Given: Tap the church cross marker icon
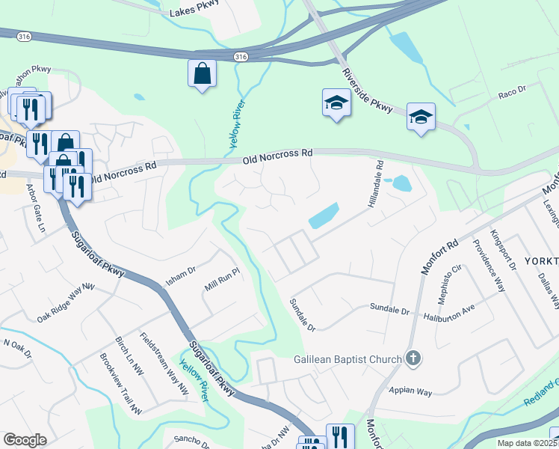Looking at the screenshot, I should click(x=413, y=359).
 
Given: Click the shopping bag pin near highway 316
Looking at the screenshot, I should click(x=202, y=73).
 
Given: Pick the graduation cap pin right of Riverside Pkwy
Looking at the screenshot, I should click(x=421, y=117).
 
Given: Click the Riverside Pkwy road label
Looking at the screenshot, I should click(x=368, y=90).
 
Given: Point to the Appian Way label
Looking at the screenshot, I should click(x=412, y=391).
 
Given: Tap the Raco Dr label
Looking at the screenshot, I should click(x=512, y=97).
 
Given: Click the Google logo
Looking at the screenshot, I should click(x=25, y=439).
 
